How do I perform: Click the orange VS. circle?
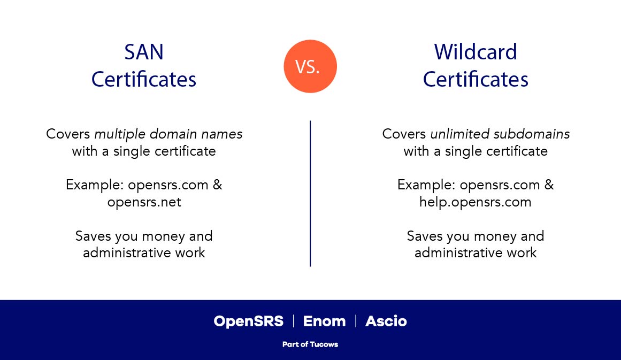310,66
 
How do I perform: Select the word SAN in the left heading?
144,52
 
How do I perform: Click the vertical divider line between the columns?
310,193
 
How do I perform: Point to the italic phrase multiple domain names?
168,134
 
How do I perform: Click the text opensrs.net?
144,202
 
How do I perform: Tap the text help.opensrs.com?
476,202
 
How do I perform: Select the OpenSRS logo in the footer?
248,321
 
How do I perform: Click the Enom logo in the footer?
324,321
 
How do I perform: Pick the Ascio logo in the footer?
386,321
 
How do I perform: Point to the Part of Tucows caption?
310,344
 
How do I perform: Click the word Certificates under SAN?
144,80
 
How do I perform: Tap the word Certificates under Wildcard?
476,80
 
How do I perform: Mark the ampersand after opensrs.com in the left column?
217,185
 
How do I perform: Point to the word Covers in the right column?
404,134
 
